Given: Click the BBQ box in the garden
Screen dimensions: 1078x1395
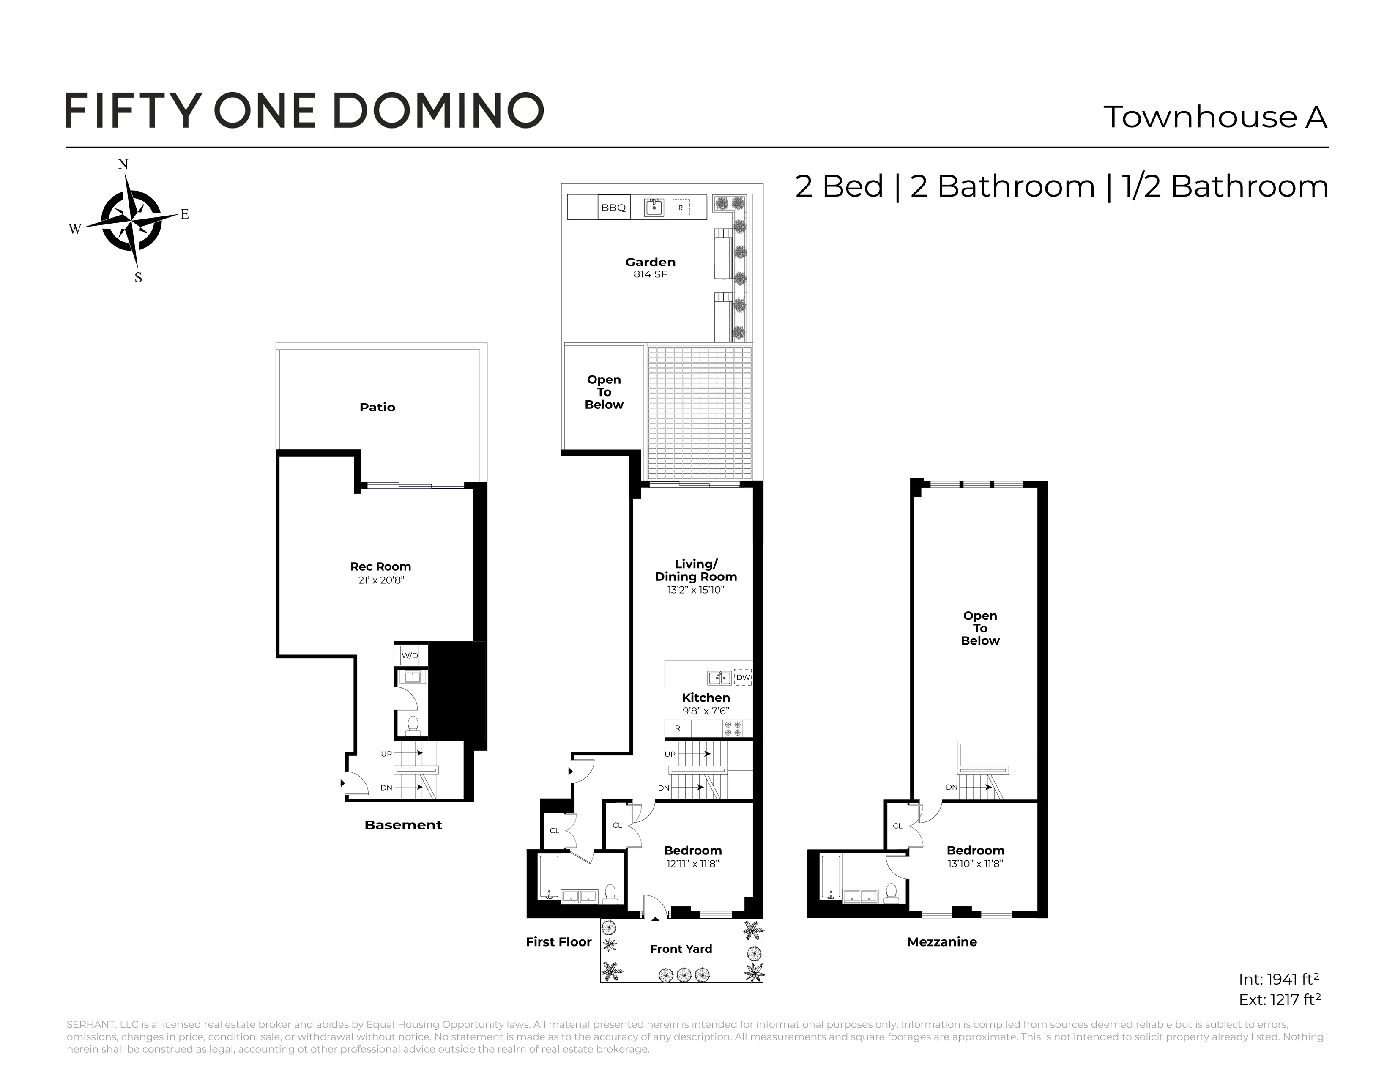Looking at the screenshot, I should tap(613, 208).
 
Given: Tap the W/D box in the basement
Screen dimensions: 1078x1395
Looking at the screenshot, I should tap(410, 656).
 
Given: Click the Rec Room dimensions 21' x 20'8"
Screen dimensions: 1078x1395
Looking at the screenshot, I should tap(381, 580).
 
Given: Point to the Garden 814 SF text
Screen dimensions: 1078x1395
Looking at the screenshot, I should tap(650, 274).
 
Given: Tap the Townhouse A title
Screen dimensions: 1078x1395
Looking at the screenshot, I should tap(1215, 117).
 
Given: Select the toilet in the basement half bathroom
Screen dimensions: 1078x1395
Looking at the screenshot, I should tap(413, 725).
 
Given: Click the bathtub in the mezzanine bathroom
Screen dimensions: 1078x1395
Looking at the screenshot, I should tap(830, 878).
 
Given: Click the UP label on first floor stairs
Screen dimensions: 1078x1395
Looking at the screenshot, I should tap(670, 754).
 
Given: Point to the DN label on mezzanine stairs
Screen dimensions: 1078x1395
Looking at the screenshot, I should tap(951, 788).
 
